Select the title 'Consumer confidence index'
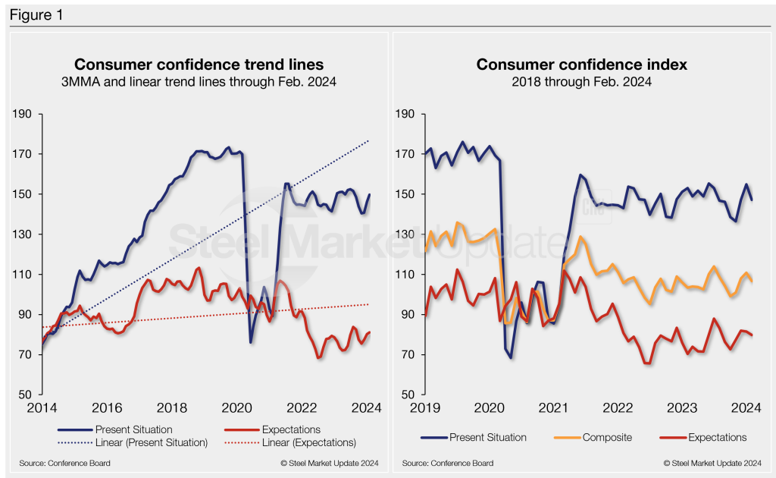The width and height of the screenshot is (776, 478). pyautogui.click(x=581, y=64)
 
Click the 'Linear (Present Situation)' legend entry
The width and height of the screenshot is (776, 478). pyautogui.click(x=152, y=443)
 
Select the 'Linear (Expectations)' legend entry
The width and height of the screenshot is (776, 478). pyautogui.click(x=308, y=443)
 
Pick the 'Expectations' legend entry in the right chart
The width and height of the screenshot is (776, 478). pyautogui.click(x=717, y=437)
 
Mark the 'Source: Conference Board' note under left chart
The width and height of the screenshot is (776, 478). pyautogui.click(x=65, y=463)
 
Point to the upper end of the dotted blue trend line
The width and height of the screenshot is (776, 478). pyautogui.click(x=369, y=140)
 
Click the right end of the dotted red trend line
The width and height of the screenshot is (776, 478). pyautogui.click(x=369, y=304)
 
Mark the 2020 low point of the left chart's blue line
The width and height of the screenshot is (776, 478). pyautogui.click(x=251, y=342)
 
